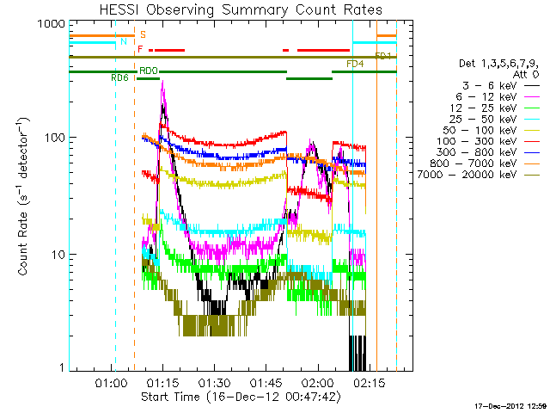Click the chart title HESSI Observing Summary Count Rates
(240, 9)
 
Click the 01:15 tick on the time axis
(162, 384)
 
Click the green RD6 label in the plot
(119, 77)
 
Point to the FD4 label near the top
(354, 65)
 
